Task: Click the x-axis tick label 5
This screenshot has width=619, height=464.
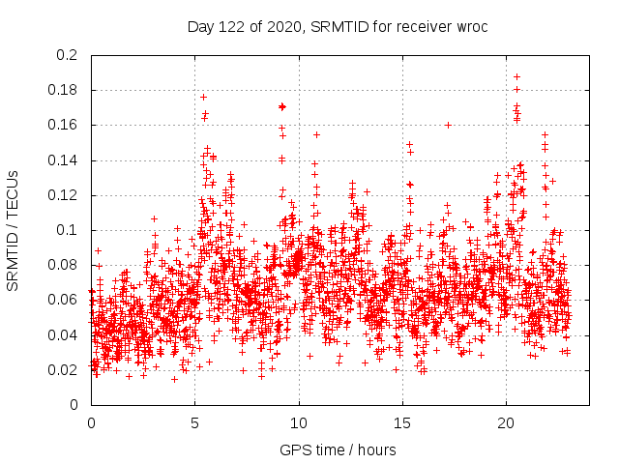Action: (194, 422)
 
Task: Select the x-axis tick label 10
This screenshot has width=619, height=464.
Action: (299, 422)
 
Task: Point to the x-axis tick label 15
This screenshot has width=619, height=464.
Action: (402, 422)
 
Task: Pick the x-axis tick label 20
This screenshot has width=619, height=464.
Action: (506, 422)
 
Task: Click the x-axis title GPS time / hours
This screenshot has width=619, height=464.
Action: (338, 449)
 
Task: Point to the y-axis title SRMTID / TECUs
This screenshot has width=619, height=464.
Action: (13, 229)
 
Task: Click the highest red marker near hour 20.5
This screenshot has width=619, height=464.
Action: (516, 76)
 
